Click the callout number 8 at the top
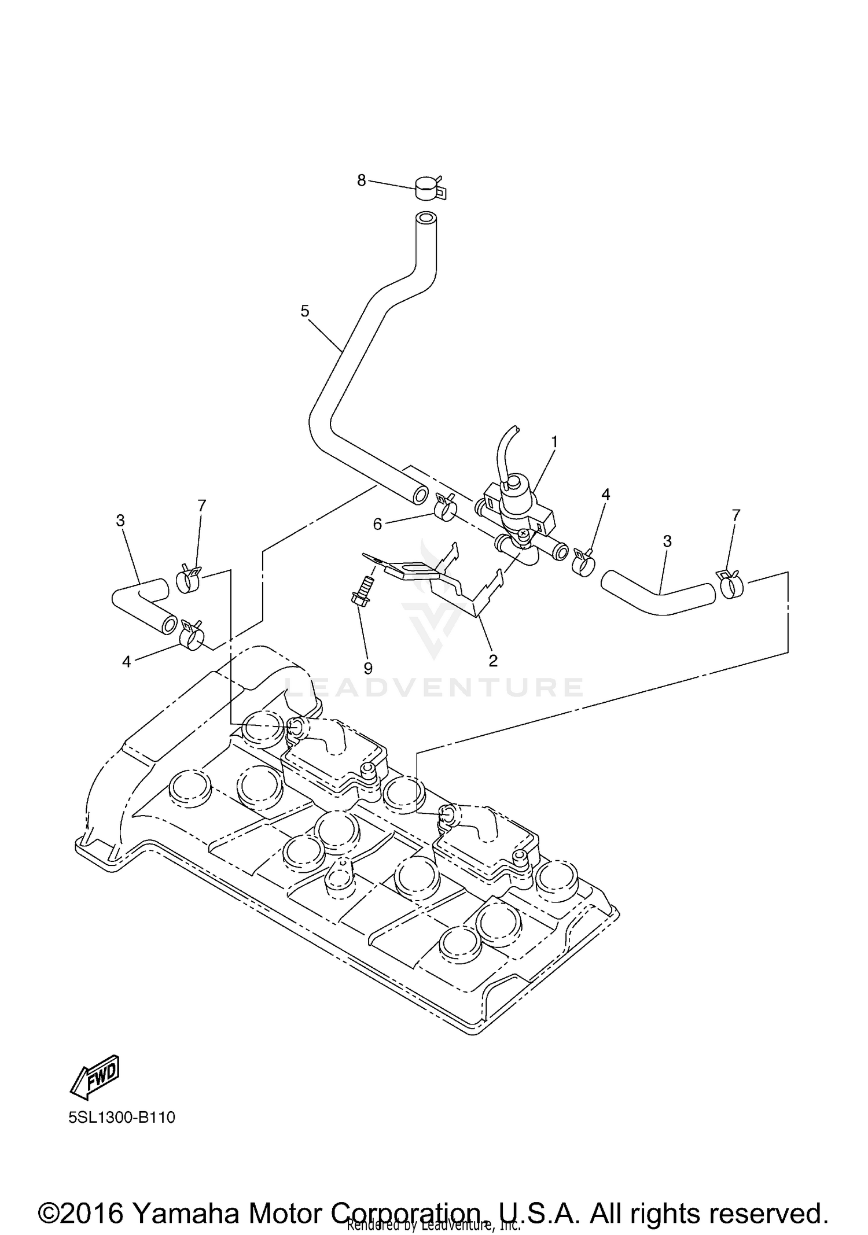361,180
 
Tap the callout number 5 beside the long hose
305,311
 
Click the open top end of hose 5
426,220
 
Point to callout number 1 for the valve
554,442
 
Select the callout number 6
377,524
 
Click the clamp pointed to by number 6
444,507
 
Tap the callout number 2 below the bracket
493,660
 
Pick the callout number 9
368,668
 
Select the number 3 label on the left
120,521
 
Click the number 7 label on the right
735,514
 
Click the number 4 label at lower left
126,661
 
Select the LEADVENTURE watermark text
434,687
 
